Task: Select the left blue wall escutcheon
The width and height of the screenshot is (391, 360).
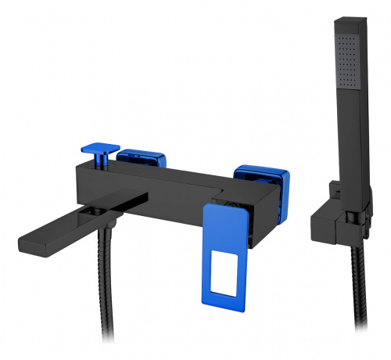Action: point(142,159)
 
